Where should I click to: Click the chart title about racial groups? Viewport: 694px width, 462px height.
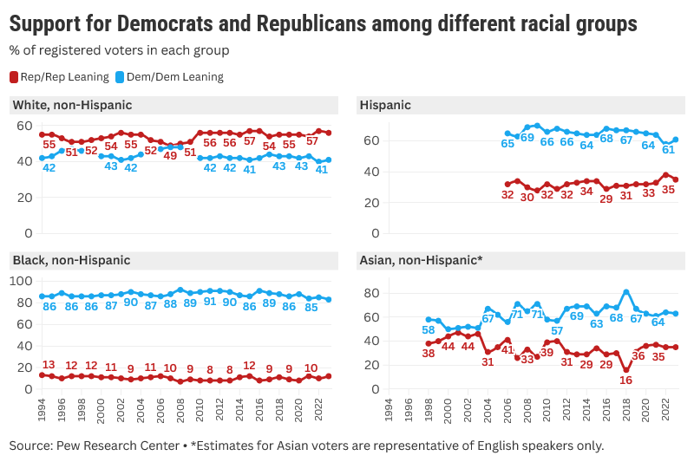(323, 24)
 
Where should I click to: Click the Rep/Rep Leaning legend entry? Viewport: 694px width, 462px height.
(59, 77)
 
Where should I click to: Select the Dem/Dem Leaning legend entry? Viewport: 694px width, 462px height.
(169, 77)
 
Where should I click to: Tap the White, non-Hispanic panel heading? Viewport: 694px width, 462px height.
(72, 105)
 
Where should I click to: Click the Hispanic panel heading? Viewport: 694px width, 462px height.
(385, 105)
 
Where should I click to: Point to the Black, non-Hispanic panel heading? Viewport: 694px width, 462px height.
(71, 260)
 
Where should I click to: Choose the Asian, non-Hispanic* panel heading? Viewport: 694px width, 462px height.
(421, 260)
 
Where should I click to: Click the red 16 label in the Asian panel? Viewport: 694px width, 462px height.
(625, 381)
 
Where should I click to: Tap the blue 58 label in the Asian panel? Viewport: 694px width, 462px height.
(428, 330)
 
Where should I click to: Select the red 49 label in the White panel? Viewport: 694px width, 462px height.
(170, 156)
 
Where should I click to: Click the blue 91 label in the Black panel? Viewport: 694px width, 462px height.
(210, 302)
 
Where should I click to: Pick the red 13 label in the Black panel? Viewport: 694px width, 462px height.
(49, 365)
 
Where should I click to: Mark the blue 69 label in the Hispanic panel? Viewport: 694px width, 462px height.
(527, 138)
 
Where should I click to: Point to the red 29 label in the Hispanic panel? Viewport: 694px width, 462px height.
(606, 199)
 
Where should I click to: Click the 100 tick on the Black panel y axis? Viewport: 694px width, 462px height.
(21, 281)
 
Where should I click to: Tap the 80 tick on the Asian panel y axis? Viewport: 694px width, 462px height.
(372, 293)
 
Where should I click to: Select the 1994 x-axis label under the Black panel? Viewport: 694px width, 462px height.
(42, 410)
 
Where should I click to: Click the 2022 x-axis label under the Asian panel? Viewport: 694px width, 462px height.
(665, 410)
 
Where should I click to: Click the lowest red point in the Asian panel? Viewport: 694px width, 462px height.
(625, 370)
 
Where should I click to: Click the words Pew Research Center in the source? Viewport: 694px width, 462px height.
(118, 446)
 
